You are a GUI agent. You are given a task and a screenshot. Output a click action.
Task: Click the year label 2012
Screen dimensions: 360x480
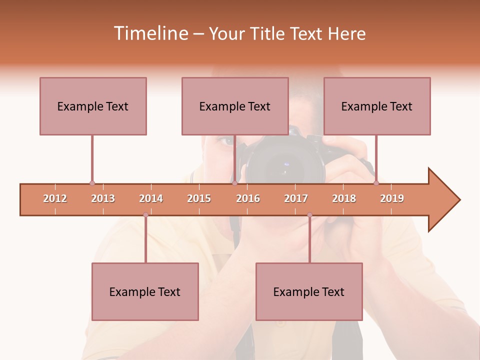(55, 198)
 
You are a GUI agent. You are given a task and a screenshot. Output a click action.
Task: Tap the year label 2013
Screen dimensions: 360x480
(103, 198)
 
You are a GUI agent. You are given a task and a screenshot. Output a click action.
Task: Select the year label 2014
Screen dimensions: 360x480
(151, 198)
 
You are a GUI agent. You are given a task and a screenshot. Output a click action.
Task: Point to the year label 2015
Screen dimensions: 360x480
(199, 198)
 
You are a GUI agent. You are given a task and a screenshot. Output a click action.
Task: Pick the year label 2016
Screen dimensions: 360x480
(248, 198)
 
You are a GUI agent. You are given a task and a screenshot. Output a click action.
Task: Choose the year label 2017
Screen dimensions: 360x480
(296, 198)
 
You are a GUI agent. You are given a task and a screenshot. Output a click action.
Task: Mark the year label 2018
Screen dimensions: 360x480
(344, 198)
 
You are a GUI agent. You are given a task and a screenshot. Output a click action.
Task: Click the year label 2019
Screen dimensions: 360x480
(392, 198)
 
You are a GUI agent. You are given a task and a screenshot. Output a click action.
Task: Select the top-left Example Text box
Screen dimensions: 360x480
(93, 106)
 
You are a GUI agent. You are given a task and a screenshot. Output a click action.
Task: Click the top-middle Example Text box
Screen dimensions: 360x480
(235, 106)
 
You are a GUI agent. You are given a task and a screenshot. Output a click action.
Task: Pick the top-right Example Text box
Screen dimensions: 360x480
(377, 106)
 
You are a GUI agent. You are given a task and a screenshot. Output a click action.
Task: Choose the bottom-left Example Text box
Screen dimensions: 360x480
(145, 291)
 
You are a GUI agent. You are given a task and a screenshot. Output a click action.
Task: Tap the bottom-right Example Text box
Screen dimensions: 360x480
(309, 291)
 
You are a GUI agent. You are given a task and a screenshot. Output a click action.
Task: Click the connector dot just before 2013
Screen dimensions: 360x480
(92, 183)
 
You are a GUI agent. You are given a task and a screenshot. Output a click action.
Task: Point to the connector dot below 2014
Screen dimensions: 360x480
(145, 215)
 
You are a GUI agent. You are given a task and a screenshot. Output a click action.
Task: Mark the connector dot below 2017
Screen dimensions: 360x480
(309, 215)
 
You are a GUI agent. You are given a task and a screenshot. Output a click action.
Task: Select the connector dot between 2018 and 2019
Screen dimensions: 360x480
(376, 183)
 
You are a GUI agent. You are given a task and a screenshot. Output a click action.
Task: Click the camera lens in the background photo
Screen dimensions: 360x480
(285, 165)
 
